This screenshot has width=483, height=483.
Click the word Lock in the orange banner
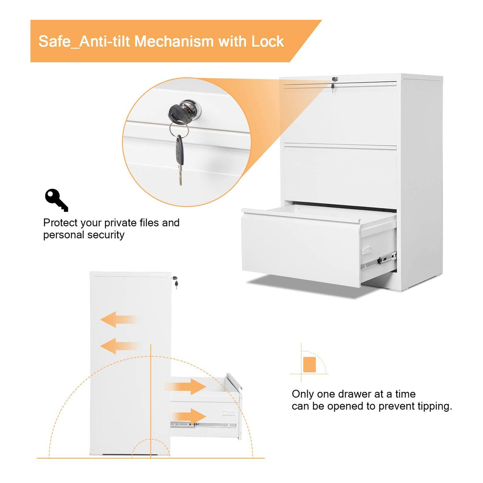pos(268,42)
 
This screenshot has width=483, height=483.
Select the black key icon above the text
pos(57,200)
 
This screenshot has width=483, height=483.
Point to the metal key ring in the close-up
pos(179,129)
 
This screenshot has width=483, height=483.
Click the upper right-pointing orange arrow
pos(185,387)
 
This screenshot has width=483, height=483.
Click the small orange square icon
pos(309,364)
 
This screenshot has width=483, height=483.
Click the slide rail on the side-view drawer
pos(203,425)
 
